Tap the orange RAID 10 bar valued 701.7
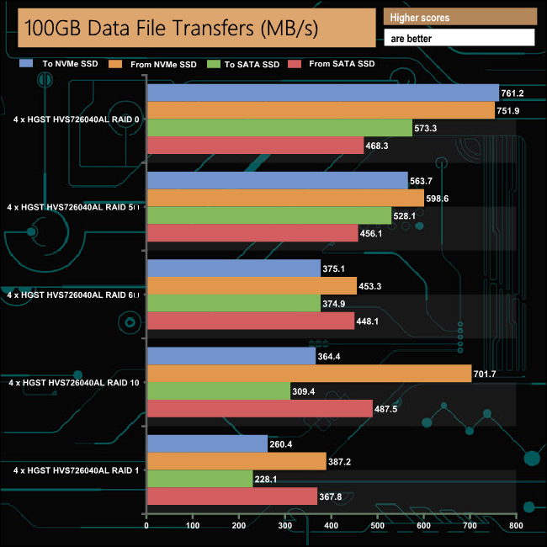[x=309, y=374]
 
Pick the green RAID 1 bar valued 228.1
[x=199, y=479]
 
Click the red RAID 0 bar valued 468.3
[x=255, y=146]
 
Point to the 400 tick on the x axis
[x=331, y=527]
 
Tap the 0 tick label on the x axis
[x=147, y=527]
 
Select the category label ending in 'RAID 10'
[x=74, y=382]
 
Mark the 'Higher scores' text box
[x=459, y=18]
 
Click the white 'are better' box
[x=459, y=38]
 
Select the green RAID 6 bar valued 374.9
[x=234, y=304]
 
